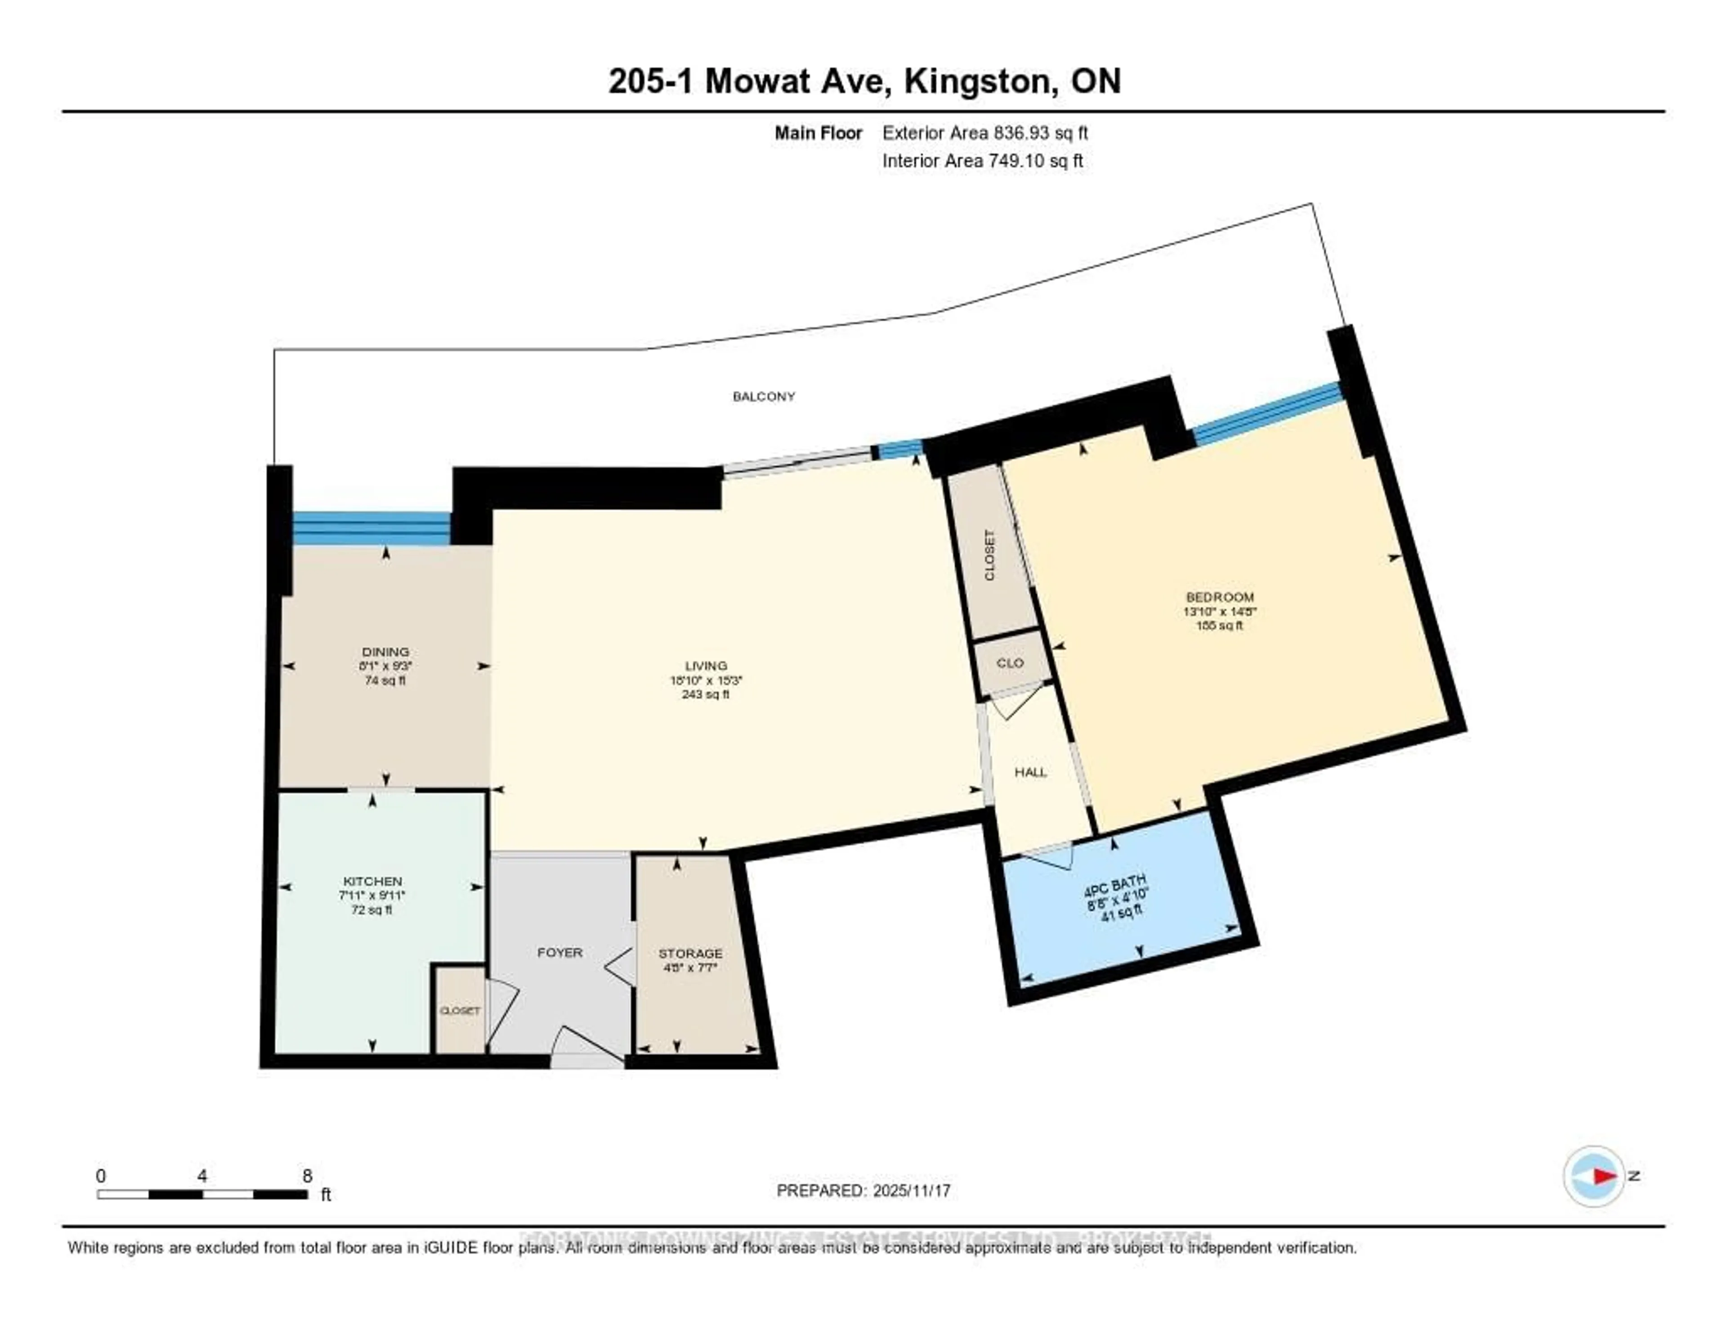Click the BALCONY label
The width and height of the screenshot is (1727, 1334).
(763, 396)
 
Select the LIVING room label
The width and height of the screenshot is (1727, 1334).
(705, 666)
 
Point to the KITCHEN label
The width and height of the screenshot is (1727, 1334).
(372, 881)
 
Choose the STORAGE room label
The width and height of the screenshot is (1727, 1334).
(690, 953)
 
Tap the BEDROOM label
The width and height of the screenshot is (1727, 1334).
(1219, 597)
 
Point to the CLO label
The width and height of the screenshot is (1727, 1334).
(1010, 663)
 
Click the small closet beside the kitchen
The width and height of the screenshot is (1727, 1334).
(460, 1011)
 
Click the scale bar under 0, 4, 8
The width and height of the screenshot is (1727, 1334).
(202, 1194)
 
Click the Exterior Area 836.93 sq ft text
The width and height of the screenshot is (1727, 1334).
(984, 133)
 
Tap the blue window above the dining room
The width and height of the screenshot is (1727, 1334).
(371, 528)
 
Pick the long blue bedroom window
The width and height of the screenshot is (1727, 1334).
(1267, 413)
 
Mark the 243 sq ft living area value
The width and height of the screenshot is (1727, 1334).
(705, 694)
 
